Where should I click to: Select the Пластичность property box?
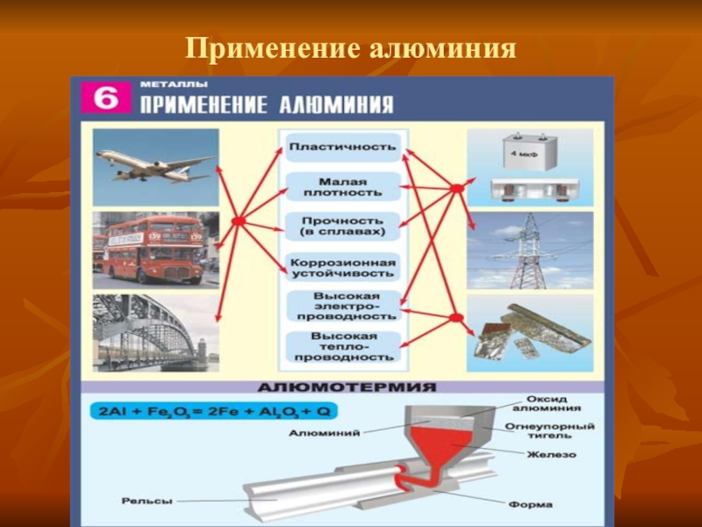[x=342, y=146]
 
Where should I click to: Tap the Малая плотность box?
[x=342, y=185]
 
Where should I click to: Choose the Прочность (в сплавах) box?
[x=342, y=226]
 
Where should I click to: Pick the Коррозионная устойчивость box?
[x=342, y=268]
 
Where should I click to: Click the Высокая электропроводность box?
[x=342, y=307]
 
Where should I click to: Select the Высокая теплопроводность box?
[x=342, y=347]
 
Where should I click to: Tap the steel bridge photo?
[x=155, y=332]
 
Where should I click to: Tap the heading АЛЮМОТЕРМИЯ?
[x=347, y=386]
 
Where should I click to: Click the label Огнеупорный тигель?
[x=550, y=431]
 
